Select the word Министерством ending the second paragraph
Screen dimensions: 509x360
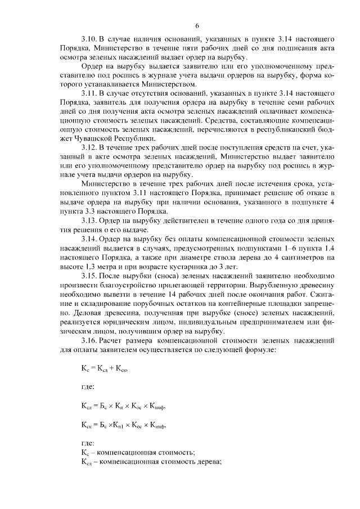pyautogui.click(x=164, y=84)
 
